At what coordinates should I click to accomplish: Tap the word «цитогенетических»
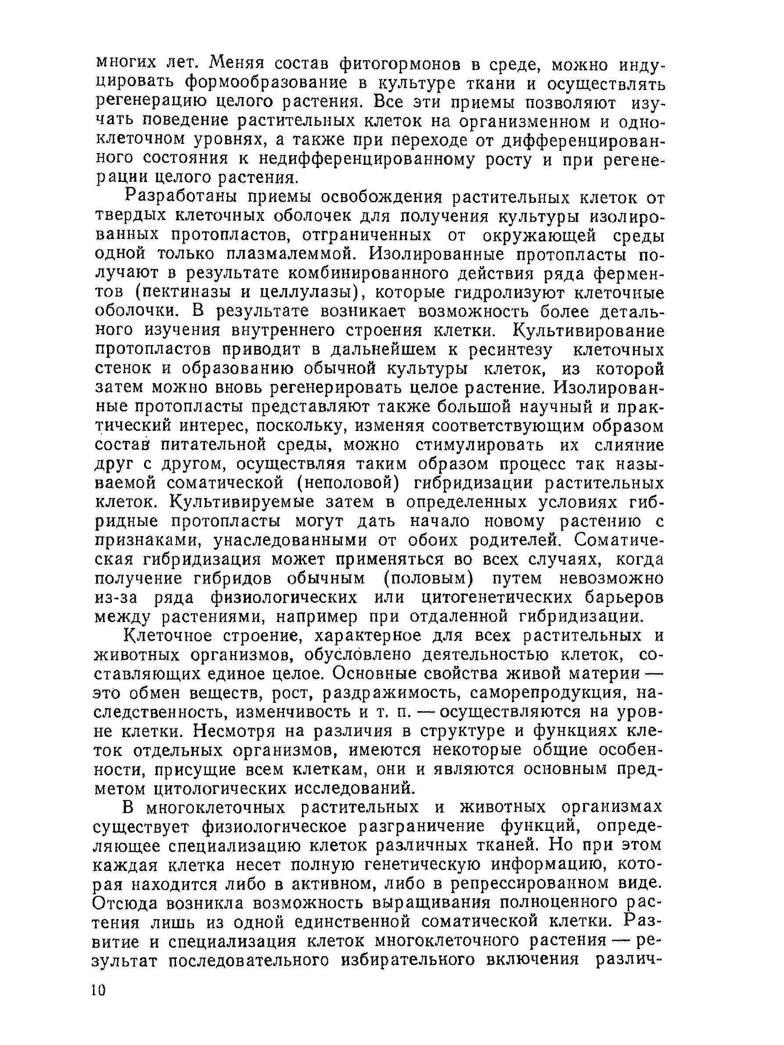(498, 598)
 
